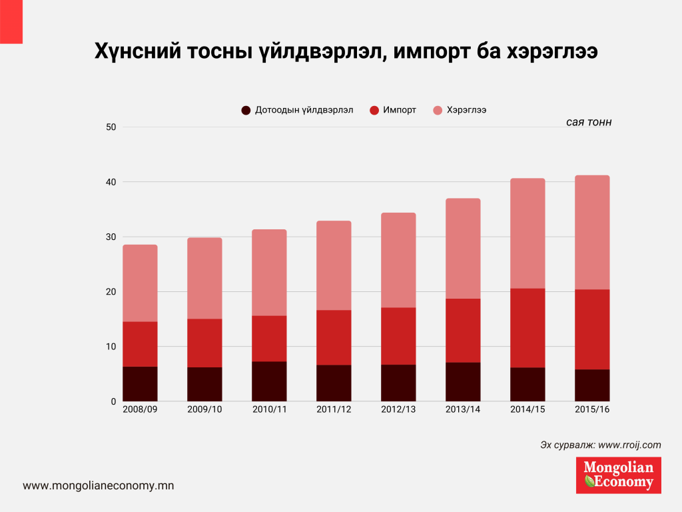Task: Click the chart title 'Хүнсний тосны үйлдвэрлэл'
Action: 346,51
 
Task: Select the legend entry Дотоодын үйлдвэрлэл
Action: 296,110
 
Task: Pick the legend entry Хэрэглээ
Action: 459,110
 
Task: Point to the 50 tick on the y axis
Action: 111,127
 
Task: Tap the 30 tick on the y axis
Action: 111,237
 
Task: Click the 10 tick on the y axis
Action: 111,347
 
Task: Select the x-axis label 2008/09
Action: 140,409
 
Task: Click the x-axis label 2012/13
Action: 398,409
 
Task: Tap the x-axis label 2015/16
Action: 592,409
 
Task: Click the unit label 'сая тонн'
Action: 589,123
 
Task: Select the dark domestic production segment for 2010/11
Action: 269,381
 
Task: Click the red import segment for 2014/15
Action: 527,328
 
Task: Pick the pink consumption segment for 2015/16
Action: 592,232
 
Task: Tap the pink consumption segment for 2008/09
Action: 140,283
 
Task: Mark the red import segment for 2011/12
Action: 334,337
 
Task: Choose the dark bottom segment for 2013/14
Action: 463,382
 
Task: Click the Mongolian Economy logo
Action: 618,475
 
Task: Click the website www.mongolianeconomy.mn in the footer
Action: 99,486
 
